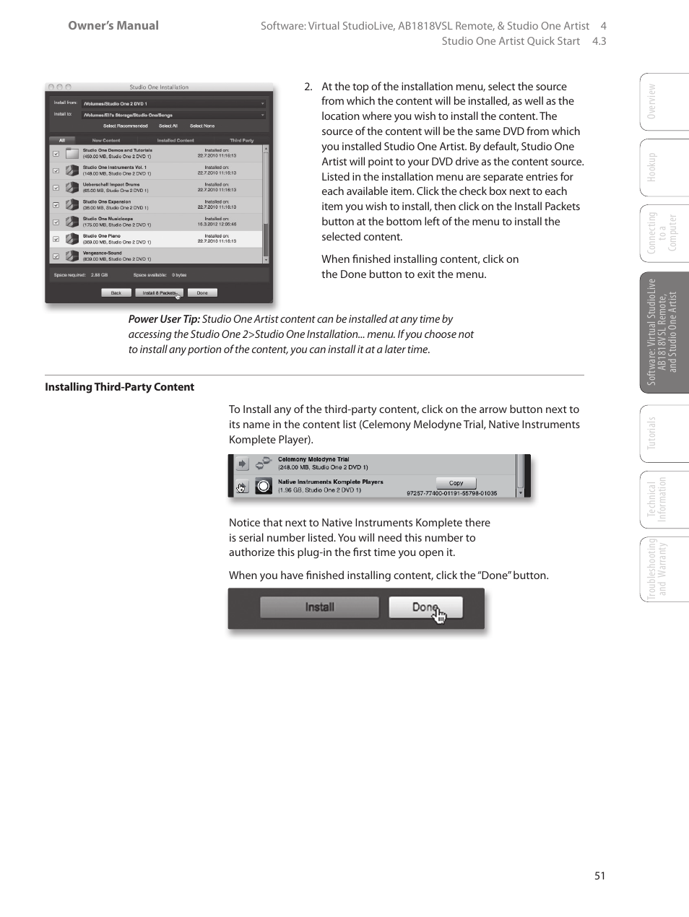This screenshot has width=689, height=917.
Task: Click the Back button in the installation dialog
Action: pyautogui.click(x=116, y=293)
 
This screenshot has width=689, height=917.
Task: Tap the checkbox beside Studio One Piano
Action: pyautogui.click(x=56, y=239)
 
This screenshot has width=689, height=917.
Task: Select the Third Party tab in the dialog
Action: pyautogui.click(x=241, y=140)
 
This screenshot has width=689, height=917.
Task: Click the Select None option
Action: pyautogui.click(x=202, y=126)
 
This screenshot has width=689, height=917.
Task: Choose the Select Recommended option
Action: pyautogui.click(x=125, y=126)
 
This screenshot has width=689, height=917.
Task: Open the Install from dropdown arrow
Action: pyautogui.click(x=262, y=103)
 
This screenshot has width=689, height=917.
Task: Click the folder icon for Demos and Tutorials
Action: pyautogui.click(x=71, y=153)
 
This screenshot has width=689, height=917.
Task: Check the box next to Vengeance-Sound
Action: pyautogui.click(x=56, y=256)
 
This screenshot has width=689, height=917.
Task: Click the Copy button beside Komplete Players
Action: pyautogui.click(x=456, y=483)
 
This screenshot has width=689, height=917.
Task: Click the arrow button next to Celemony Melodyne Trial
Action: pyautogui.click(x=242, y=464)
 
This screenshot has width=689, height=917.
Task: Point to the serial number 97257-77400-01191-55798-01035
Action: pyautogui.click(x=451, y=494)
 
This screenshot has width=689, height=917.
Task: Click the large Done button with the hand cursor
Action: pyautogui.click(x=425, y=607)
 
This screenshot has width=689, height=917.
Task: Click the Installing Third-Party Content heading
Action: pyautogui.click(x=119, y=387)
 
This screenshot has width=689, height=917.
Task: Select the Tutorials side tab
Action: pyautogui.click(x=652, y=433)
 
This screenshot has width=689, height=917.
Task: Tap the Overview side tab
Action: pyautogui.click(x=652, y=102)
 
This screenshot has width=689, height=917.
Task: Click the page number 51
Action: pyautogui.click(x=599, y=875)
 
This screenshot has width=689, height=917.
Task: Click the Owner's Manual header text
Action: pyautogui.click(x=113, y=25)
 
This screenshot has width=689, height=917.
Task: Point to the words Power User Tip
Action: pyautogui.click(x=164, y=319)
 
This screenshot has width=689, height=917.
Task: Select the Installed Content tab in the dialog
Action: pyautogui.click(x=175, y=140)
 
